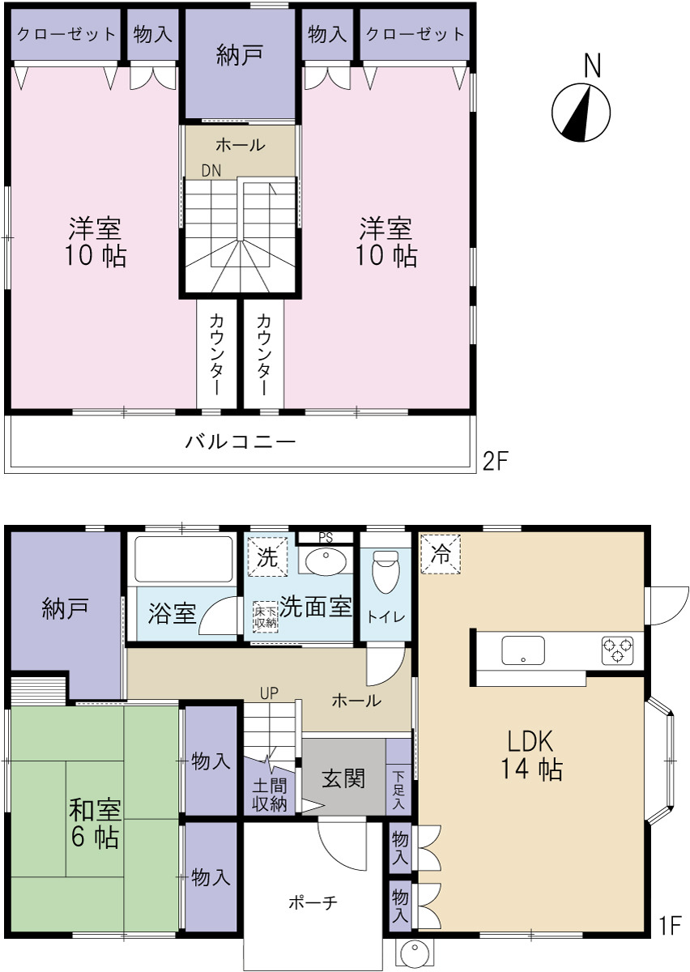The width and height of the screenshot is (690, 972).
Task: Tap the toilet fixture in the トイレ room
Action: (x=385, y=571)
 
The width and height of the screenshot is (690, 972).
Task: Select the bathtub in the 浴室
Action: (x=183, y=559)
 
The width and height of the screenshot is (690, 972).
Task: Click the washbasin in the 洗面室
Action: (x=326, y=561)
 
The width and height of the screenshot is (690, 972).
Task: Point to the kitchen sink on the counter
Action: (x=523, y=650)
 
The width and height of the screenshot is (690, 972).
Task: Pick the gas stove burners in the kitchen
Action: (x=617, y=650)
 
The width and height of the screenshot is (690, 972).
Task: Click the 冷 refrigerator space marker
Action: (x=441, y=554)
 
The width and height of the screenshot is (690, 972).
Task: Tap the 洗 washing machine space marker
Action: (x=267, y=556)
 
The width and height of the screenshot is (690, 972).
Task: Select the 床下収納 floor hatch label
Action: (x=266, y=616)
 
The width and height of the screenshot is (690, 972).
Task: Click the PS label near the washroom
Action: (x=326, y=538)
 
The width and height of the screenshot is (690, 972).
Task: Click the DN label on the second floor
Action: (x=211, y=171)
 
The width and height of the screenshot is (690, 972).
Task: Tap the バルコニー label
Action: (x=241, y=441)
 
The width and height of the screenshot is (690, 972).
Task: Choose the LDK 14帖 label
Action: (x=531, y=755)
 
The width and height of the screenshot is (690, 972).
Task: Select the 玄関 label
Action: (x=343, y=778)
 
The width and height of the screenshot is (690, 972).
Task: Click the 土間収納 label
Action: (x=270, y=795)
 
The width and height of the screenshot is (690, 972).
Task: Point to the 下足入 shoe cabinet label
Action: (x=398, y=789)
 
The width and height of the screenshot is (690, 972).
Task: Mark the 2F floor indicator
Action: (x=496, y=461)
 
